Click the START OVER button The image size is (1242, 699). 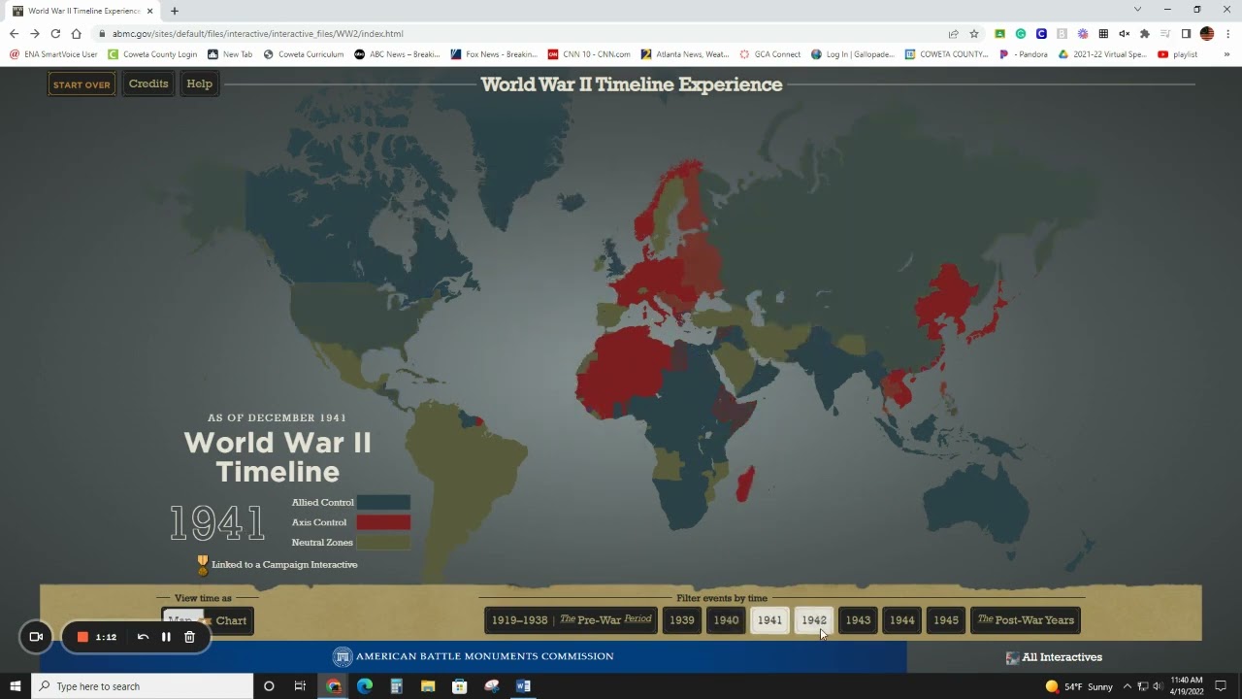click(x=82, y=84)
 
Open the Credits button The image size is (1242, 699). click(x=148, y=83)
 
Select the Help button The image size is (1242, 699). click(x=199, y=83)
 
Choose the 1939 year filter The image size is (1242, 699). click(x=682, y=620)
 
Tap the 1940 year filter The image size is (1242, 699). click(x=726, y=620)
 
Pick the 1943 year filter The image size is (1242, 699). click(x=858, y=620)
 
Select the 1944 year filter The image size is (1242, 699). click(x=901, y=620)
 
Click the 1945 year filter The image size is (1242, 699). click(x=946, y=620)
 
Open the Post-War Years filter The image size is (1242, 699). click(x=1026, y=620)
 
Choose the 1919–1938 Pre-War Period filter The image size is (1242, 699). click(x=571, y=620)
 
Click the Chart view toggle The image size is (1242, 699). click(x=230, y=621)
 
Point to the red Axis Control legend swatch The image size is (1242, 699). click(x=383, y=522)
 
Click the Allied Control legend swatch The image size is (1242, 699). click(x=383, y=503)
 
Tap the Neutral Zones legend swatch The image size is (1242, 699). click(x=383, y=543)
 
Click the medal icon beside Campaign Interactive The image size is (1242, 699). click(x=203, y=564)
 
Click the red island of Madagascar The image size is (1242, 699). click(x=744, y=483)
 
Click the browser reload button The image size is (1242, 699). click(x=55, y=33)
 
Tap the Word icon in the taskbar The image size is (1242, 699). click(x=523, y=686)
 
